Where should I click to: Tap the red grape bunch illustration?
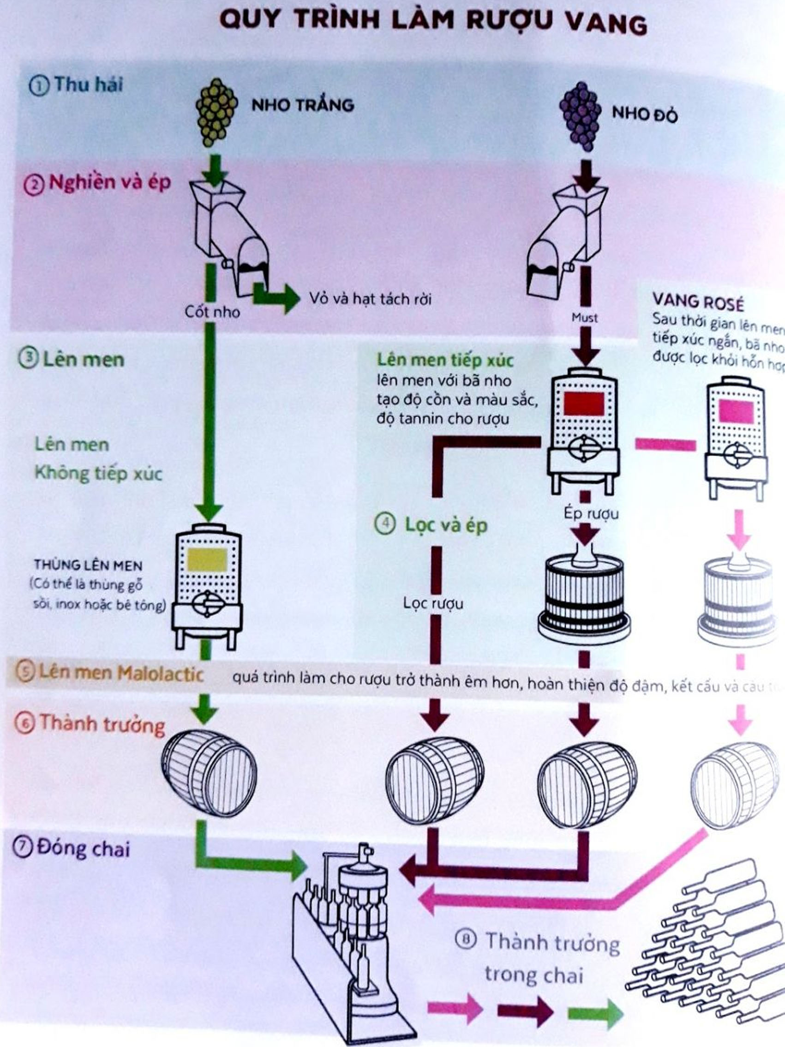click(580, 116)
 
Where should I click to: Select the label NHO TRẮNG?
click(303, 105)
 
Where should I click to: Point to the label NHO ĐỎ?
click(644, 114)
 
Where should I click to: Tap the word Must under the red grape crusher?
click(585, 318)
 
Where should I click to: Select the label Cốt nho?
click(212, 312)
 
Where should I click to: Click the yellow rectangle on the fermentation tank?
click(207, 560)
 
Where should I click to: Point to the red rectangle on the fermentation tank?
click(584, 404)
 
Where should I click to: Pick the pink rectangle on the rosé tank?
click(736, 411)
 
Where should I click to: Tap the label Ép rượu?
click(591, 513)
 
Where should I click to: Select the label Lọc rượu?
click(433, 603)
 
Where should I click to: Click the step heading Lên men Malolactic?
click(120, 673)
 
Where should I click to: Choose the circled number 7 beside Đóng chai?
click(22, 848)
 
